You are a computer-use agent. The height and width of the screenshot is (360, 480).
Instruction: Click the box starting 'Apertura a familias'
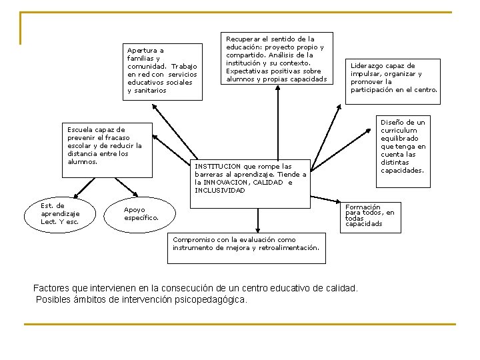click(163, 71)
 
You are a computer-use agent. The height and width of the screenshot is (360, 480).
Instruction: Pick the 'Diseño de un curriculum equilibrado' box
click(403, 147)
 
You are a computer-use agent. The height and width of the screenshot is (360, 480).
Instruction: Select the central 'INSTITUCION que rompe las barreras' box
click(251, 179)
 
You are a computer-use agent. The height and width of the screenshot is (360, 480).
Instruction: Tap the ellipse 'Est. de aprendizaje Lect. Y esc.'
click(61, 214)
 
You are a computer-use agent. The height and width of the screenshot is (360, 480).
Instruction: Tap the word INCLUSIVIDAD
click(220, 191)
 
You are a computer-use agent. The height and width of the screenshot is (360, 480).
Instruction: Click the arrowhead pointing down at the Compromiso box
click(258, 229)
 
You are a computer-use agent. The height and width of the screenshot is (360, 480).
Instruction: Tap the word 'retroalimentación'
click(289, 248)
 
